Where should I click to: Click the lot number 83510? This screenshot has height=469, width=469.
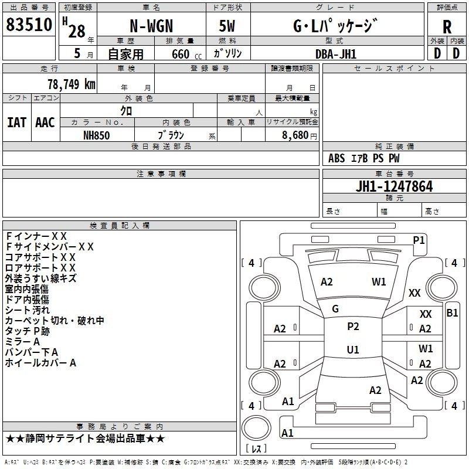[29, 25]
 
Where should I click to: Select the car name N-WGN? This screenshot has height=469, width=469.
[151, 26]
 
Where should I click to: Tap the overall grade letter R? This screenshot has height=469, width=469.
[447, 27]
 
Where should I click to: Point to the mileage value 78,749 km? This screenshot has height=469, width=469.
[72, 84]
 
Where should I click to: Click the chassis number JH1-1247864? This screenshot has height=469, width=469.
[394, 186]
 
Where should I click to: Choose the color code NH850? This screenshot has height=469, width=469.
[96, 135]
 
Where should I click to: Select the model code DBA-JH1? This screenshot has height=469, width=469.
[336, 54]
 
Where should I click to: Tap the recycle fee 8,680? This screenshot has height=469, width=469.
[295, 135]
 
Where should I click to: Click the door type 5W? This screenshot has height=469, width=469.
[227, 26]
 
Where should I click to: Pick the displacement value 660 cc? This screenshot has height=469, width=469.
[186, 54]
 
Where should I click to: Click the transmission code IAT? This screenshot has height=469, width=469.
[16, 123]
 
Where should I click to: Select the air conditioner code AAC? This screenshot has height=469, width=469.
[45, 123]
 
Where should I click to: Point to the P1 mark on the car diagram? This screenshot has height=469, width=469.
[419, 240]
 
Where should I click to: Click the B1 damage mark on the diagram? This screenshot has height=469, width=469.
[452, 313]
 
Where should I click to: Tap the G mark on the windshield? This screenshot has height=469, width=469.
[335, 309]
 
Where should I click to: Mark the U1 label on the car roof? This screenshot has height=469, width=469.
[353, 349]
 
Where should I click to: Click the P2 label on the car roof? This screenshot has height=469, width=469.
[353, 327]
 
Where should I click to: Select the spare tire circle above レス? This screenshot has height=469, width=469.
[256, 428]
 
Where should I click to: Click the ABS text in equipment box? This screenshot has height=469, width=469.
[337, 158]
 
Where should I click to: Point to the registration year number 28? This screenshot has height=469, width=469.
[77, 31]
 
